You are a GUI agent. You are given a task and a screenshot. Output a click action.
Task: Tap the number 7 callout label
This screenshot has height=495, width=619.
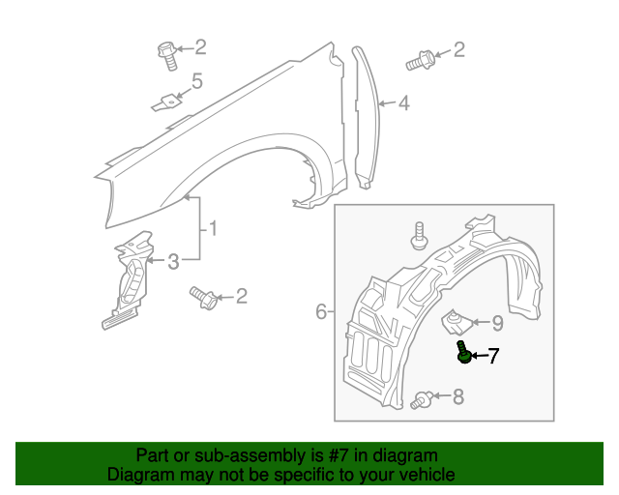493,357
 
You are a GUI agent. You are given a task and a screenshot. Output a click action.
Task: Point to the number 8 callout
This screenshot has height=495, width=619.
457,395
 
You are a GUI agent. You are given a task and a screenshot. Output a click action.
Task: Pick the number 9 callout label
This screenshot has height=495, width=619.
496,322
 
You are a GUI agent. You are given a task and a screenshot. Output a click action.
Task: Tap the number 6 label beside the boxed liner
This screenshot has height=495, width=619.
321,311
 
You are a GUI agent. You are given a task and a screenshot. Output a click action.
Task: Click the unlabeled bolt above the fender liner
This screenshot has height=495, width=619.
419,235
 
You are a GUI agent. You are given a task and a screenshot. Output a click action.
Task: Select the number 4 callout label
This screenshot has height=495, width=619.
403,102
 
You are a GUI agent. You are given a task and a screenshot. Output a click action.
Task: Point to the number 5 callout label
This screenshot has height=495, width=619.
196,81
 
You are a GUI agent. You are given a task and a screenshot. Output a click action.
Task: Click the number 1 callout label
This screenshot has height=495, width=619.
212,229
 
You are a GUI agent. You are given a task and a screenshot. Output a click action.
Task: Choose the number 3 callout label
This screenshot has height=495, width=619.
173,261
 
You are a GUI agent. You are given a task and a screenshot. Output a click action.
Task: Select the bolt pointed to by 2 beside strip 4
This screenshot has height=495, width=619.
419,59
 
